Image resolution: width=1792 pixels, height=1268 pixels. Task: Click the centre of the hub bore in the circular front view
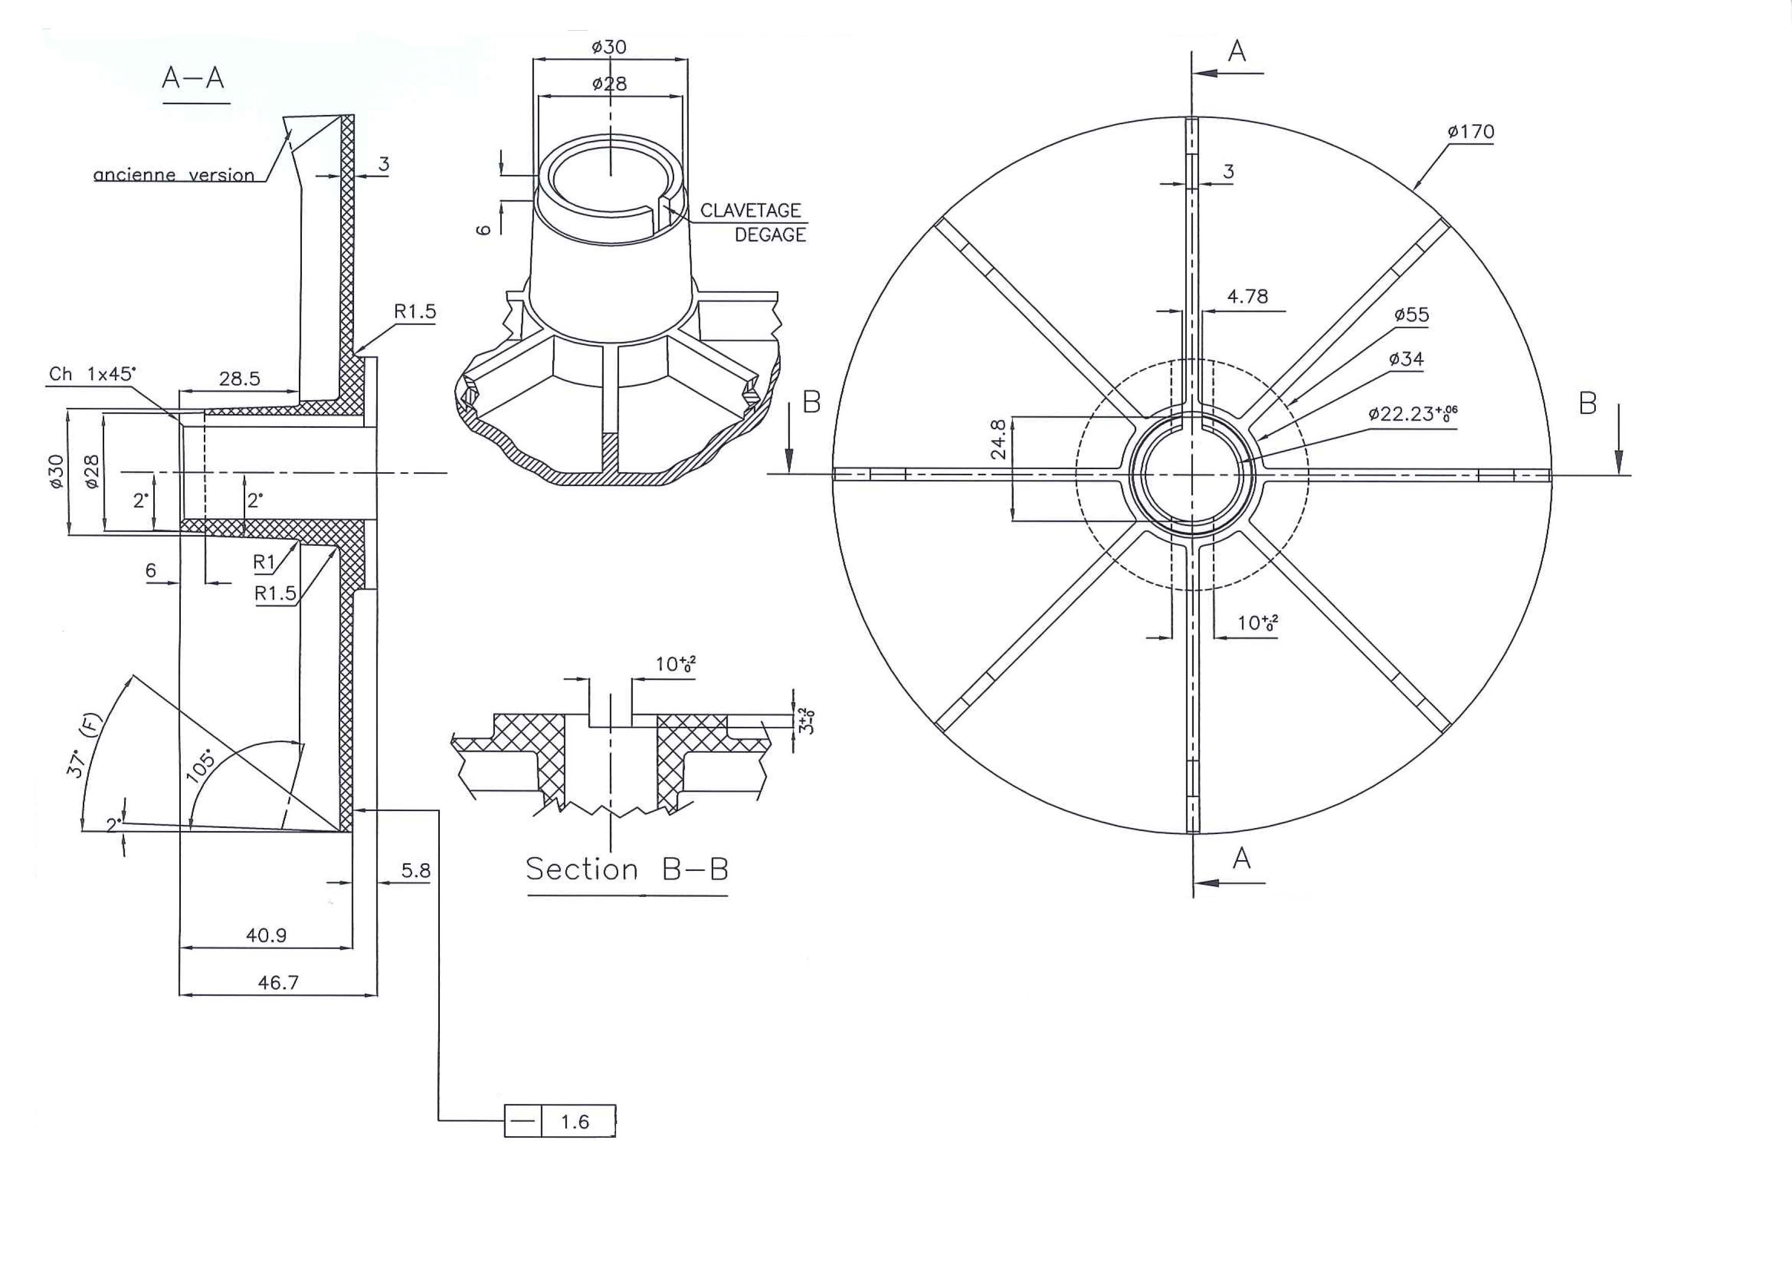click(1192, 474)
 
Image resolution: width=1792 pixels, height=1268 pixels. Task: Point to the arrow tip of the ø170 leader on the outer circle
click(1413, 190)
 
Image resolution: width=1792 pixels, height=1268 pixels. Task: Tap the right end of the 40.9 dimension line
click(352, 949)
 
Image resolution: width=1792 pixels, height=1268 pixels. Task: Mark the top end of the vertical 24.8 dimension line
click(1013, 417)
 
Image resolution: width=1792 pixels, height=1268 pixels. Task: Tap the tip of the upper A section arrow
click(1194, 74)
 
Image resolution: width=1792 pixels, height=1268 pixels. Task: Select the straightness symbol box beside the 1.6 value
click(522, 1121)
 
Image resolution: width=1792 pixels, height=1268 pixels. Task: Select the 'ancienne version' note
click(174, 175)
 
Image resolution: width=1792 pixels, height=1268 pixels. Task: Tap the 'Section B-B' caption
click(627, 869)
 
